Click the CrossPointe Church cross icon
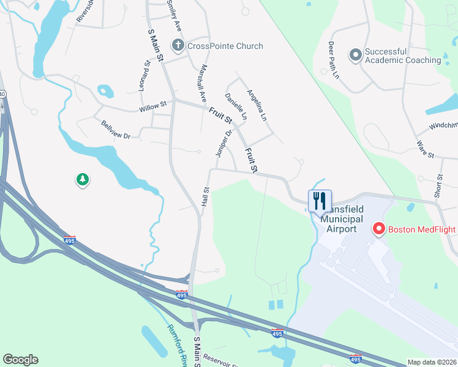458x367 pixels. click(x=178, y=45)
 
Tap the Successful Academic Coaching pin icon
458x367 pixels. click(x=355, y=56)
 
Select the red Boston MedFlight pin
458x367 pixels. click(x=378, y=229)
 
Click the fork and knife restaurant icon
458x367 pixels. click(x=320, y=200)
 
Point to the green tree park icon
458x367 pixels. click(x=82, y=179)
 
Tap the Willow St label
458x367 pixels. click(x=153, y=106)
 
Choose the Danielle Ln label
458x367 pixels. click(x=236, y=106)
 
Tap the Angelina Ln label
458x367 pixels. click(x=257, y=105)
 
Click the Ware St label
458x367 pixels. click(x=425, y=149)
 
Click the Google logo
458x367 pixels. click(x=20, y=360)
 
